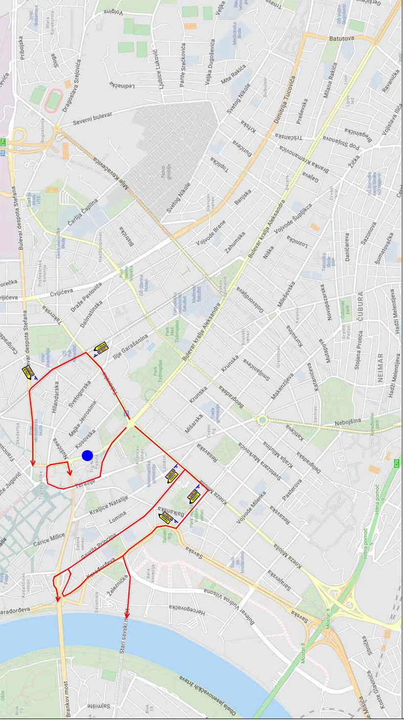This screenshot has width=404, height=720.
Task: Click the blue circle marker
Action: pos(87,455)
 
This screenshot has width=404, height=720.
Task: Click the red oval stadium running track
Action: pos(53,100)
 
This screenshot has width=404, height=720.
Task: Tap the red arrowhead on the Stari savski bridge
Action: pos(127,615)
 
